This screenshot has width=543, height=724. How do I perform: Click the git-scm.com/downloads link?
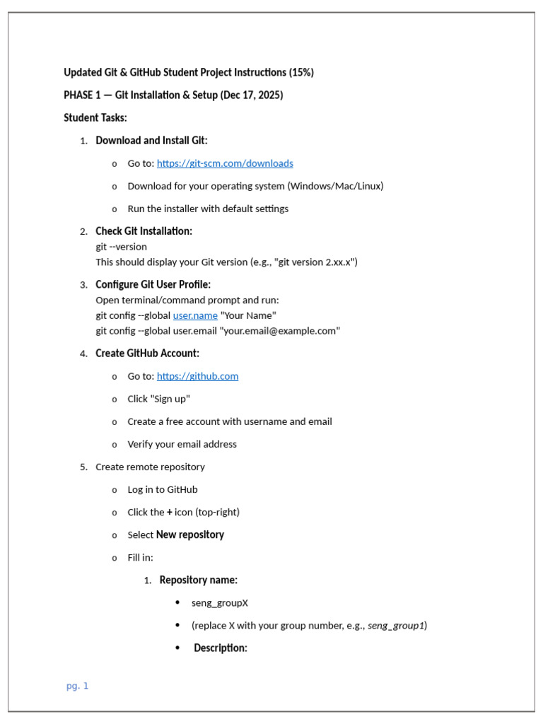(x=225, y=163)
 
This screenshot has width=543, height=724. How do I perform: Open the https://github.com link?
(x=197, y=376)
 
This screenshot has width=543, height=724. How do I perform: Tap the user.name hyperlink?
(x=195, y=315)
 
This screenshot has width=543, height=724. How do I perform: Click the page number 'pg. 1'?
(x=78, y=686)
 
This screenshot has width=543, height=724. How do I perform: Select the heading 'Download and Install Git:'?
(x=151, y=141)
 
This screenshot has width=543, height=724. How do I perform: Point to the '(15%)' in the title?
(x=301, y=73)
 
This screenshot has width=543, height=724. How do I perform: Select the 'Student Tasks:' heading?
(x=95, y=118)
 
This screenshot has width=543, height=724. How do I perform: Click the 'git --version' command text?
(x=122, y=247)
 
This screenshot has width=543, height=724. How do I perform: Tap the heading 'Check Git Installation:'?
(x=144, y=231)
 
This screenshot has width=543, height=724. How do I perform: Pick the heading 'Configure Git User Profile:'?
(x=153, y=285)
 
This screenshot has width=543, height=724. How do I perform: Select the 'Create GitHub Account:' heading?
(x=147, y=354)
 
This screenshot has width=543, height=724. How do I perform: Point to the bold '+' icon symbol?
(x=170, y=512)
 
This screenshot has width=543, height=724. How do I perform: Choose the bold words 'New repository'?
(x=189, y=535)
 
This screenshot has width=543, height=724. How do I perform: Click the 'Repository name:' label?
(x=198, y=580)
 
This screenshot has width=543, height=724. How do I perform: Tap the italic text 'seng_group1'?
(x=396, y=626)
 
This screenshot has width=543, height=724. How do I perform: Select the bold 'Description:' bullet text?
(x=221, y=648)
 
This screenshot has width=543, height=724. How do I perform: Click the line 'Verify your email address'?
(x=182, y=444)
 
